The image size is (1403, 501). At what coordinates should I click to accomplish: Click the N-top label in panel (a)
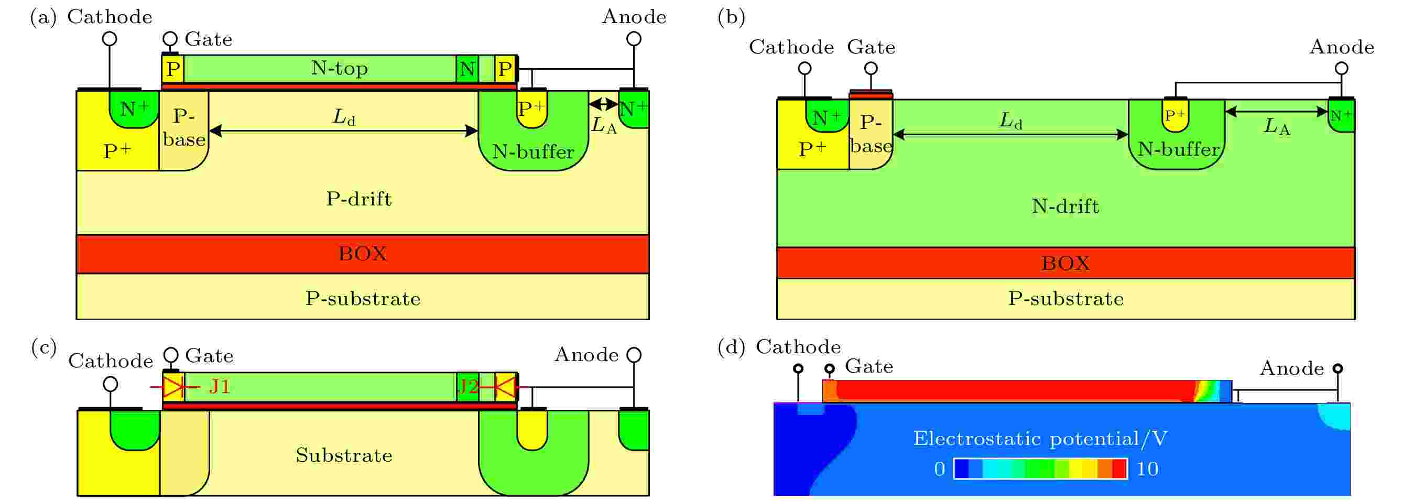[x=339, y=69]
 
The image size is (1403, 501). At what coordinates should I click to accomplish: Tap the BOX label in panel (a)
[x=363, y=254]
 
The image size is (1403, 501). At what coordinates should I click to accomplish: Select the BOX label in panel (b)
[x=1065, y=264]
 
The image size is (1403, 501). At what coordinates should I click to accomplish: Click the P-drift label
[x=359, y=199]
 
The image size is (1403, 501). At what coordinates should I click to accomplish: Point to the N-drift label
[x=1065, y=206]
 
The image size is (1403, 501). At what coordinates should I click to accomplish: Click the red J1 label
[x=220, y=387]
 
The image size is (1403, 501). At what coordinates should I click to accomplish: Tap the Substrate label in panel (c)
[x=344, y=455]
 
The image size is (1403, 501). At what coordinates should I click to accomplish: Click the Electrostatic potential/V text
[x=1040, y=438]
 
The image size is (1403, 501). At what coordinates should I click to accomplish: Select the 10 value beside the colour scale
[x=1147, y=469]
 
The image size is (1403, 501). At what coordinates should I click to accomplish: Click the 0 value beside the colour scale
[x=940, y=469]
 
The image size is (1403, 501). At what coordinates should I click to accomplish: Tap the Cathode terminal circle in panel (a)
[x=110, y=39]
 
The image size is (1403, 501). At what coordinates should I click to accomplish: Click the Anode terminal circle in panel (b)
[x=1342, y=69]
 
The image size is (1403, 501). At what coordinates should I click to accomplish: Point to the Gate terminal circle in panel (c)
[x=171, y=355]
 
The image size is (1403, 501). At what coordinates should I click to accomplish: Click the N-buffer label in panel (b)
[x=1179, y=149]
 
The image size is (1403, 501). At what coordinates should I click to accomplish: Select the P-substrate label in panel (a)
[x=363, y=299]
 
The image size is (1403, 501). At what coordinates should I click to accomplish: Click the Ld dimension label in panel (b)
[x=1011, y=121]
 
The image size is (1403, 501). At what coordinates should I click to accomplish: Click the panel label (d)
[x=732, y=347]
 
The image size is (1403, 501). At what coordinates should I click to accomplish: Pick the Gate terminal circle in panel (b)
[x=871, y=69]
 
